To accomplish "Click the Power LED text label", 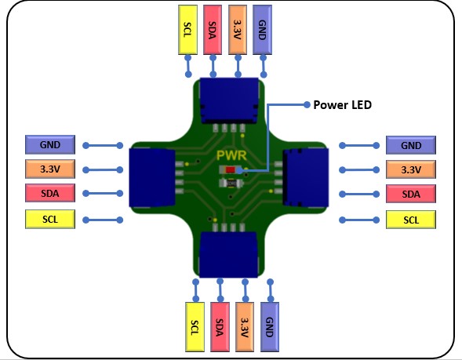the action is [342, 105].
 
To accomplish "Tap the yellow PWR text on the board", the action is [231, 155].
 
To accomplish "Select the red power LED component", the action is [231, 169].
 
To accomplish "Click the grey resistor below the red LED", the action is [231, 184].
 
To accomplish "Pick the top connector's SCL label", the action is [187, 30].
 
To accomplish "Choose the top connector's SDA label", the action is [213, 30].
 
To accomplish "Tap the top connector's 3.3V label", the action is [238, 30].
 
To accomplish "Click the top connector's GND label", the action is [262, 30].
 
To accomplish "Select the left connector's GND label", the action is [50, 144].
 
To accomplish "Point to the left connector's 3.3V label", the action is [50, 169].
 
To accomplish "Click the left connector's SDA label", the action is [50, 193].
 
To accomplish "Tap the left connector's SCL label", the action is [50, 219].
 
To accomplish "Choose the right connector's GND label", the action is [411, 145].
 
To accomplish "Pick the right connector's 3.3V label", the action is [411, 169].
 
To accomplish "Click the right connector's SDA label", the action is [411, 195].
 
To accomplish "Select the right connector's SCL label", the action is [411, 220].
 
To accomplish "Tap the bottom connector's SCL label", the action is [195, 327].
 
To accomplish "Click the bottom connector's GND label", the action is [270, 327].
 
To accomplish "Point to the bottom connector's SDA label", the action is [220, 327].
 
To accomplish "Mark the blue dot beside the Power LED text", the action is [307, 104].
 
